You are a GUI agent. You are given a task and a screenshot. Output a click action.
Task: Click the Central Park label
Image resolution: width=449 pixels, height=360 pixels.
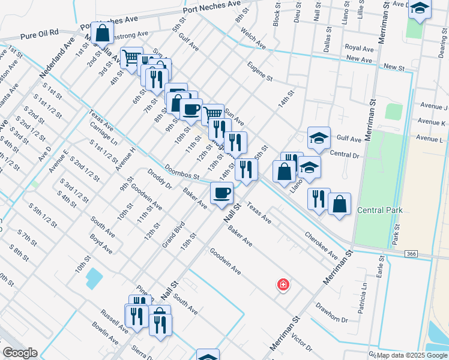[379, 210]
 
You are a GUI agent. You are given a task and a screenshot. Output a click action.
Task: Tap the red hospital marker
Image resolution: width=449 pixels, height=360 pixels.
[282, 284]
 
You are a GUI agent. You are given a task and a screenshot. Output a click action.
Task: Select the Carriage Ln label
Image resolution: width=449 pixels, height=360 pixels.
[104, 134]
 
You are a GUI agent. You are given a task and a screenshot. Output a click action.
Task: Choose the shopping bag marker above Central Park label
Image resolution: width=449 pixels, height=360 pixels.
[339, 203]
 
